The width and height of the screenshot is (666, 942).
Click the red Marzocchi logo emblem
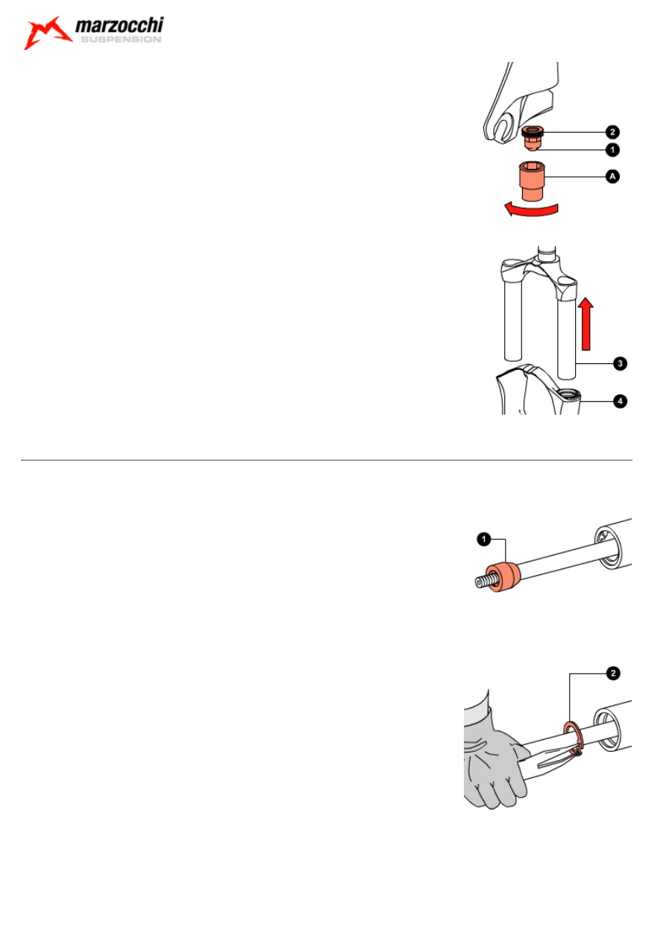click(x=47, y=33)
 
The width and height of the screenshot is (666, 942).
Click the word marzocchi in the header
click(x=119, y=25)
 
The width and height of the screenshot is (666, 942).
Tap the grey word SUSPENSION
click(x=121, y=40)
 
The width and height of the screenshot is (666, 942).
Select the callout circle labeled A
click(x=612, y=176)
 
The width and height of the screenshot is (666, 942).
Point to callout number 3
click(x=620, y=363)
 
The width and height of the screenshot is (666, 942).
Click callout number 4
click(x=620, y=401)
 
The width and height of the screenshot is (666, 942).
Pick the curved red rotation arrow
click(x=532, y=210)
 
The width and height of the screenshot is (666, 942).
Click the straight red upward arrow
click(x=585, y=324)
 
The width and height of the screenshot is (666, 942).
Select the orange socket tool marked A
click(x=533, y=181)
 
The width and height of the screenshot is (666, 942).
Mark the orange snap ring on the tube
click(x=573, y=739)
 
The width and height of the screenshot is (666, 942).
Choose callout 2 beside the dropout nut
click(x=612, y=132)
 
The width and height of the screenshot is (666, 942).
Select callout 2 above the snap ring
click(x=613, y=673)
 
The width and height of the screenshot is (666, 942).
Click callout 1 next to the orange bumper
click(x=484, y=539)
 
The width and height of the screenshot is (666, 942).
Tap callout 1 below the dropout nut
click(x=612, y=150)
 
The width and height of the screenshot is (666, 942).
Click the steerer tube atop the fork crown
click(x=547, y=254)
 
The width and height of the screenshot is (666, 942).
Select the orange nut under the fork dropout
click(x=533, y=137)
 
